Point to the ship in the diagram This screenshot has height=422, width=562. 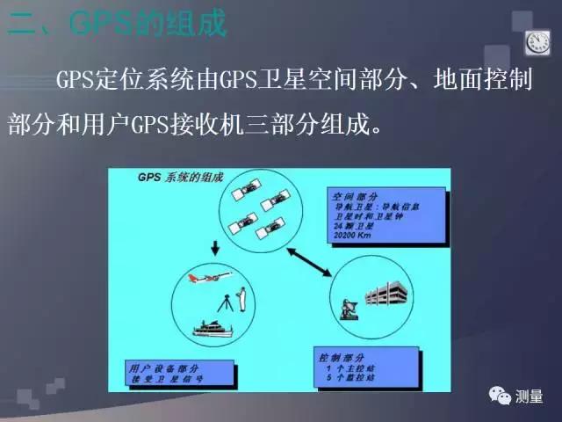(213, 331)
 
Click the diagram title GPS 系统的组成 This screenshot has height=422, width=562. (166, 178)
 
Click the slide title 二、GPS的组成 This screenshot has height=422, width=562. (118, 24)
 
